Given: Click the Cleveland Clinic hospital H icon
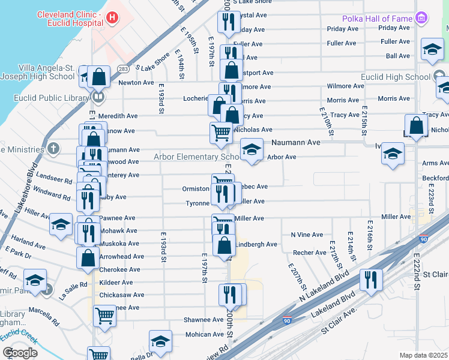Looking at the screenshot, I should pos(112,17).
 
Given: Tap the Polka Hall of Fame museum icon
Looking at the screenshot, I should pos(422,19).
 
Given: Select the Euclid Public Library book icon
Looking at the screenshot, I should pos(98,96).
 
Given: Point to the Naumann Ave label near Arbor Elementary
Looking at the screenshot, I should pos(295,143).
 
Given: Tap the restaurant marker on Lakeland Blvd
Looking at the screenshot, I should pos(371,280).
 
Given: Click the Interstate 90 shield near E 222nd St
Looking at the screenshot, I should pos(423,238).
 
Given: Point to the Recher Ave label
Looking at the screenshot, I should pos(310,253).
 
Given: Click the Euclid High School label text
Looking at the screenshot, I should pos(396,77).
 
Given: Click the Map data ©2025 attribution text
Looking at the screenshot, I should pos(423,355).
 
